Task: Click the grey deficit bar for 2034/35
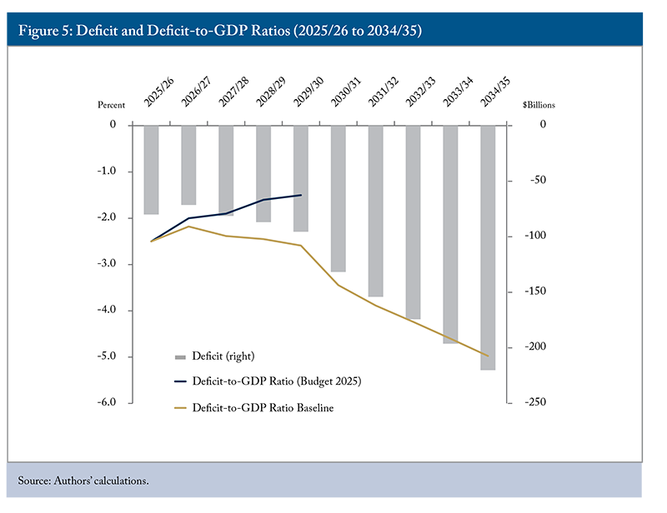pos(488,247)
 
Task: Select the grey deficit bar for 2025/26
pos(151,169)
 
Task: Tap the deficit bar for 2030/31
pos(338,198)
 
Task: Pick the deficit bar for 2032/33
pos(413,222)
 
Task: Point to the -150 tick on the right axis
pos(533,291)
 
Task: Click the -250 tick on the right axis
pos(533,403)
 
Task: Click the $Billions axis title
pos(539,106)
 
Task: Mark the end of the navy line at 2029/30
pos(301,195)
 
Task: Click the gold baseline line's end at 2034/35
pos(489,356)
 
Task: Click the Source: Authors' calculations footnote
pos(83,481)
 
